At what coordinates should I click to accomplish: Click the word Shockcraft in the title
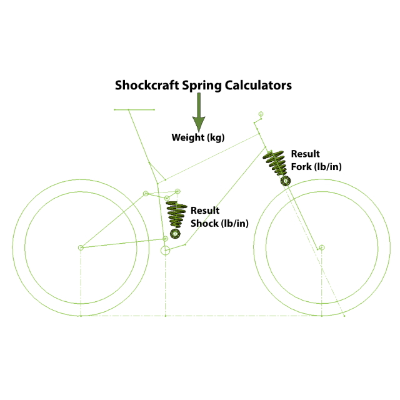click(146, 86)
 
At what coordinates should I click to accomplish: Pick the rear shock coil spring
click(177, 214)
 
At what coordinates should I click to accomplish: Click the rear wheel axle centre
click(81, 247)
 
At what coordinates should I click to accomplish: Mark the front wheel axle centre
click(322, 247)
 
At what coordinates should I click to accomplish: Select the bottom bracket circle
click(166, 251)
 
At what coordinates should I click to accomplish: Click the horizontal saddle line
click(134, 109)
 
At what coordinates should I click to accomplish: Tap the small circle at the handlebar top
click(261, 114)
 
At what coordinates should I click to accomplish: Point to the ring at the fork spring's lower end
click(286, 181)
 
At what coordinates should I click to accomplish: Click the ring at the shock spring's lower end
click(175, 234)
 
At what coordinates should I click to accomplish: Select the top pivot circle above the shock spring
click(178, 190)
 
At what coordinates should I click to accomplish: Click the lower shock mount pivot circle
click(165, 237)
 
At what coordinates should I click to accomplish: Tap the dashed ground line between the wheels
click(200, 316)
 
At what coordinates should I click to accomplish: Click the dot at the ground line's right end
click(344, 316)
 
